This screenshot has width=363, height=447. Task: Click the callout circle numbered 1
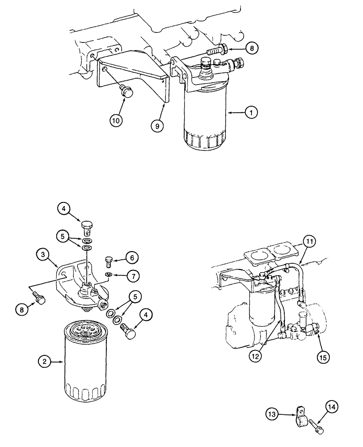click(x=251, y=113)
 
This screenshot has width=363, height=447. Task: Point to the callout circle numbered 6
click(x=132, y=257)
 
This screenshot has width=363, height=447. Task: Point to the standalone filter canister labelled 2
click(x=86, y=358)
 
